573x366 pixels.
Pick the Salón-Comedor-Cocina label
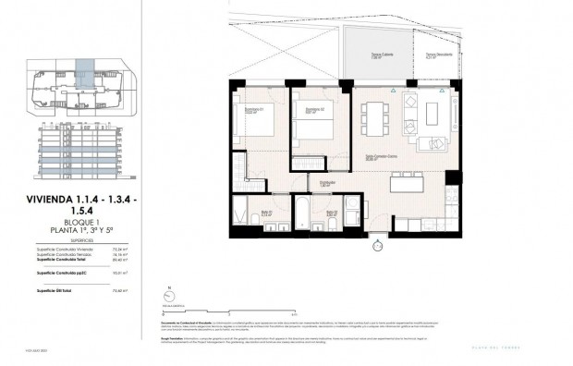pos(382,156)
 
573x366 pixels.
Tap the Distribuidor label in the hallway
pos(327,183)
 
